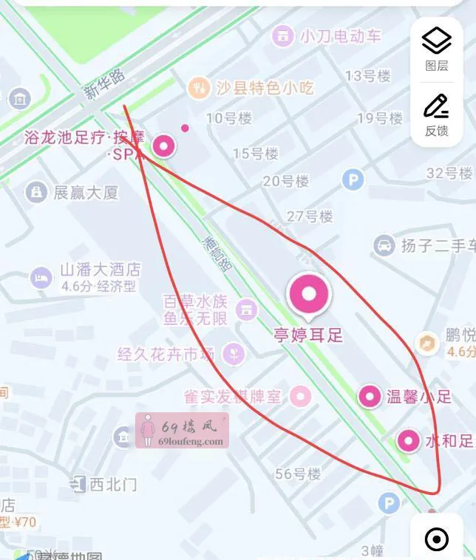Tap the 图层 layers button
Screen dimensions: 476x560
[436, 49]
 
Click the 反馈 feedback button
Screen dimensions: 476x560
[436, 115]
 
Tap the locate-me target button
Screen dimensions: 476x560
[437, 539]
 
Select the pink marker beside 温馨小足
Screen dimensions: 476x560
[370, 397]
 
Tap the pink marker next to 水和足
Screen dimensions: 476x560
[409, 442]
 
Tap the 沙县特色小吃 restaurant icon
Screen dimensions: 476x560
[198, 88]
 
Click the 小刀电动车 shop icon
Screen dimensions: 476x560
[282, 35]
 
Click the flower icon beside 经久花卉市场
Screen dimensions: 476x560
[234, 353]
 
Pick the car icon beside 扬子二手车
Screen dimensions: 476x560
[384, 245]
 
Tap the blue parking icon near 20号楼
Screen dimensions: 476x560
[353, 179]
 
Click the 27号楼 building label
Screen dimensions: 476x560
[310, 216]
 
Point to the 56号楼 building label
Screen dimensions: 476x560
[298, 474]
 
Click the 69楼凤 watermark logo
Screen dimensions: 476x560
[182, 431]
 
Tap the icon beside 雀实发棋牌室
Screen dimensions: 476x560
[300, 397]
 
